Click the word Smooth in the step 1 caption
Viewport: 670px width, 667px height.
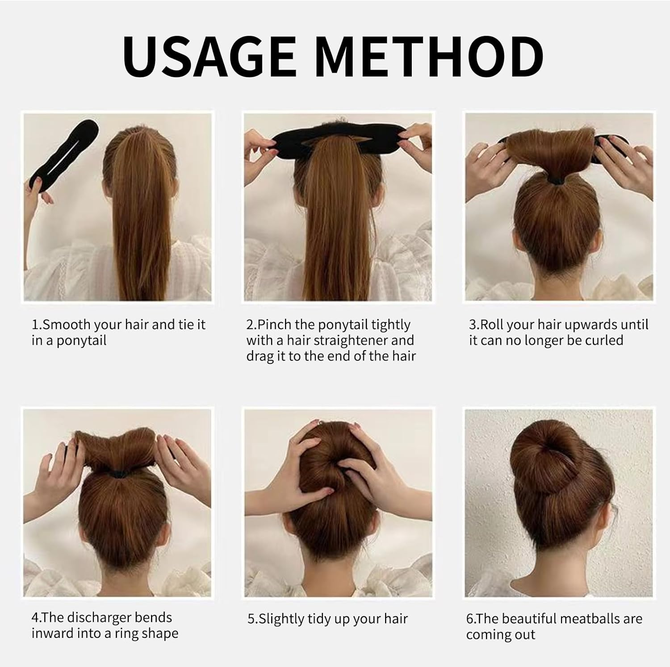click(67, 325)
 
